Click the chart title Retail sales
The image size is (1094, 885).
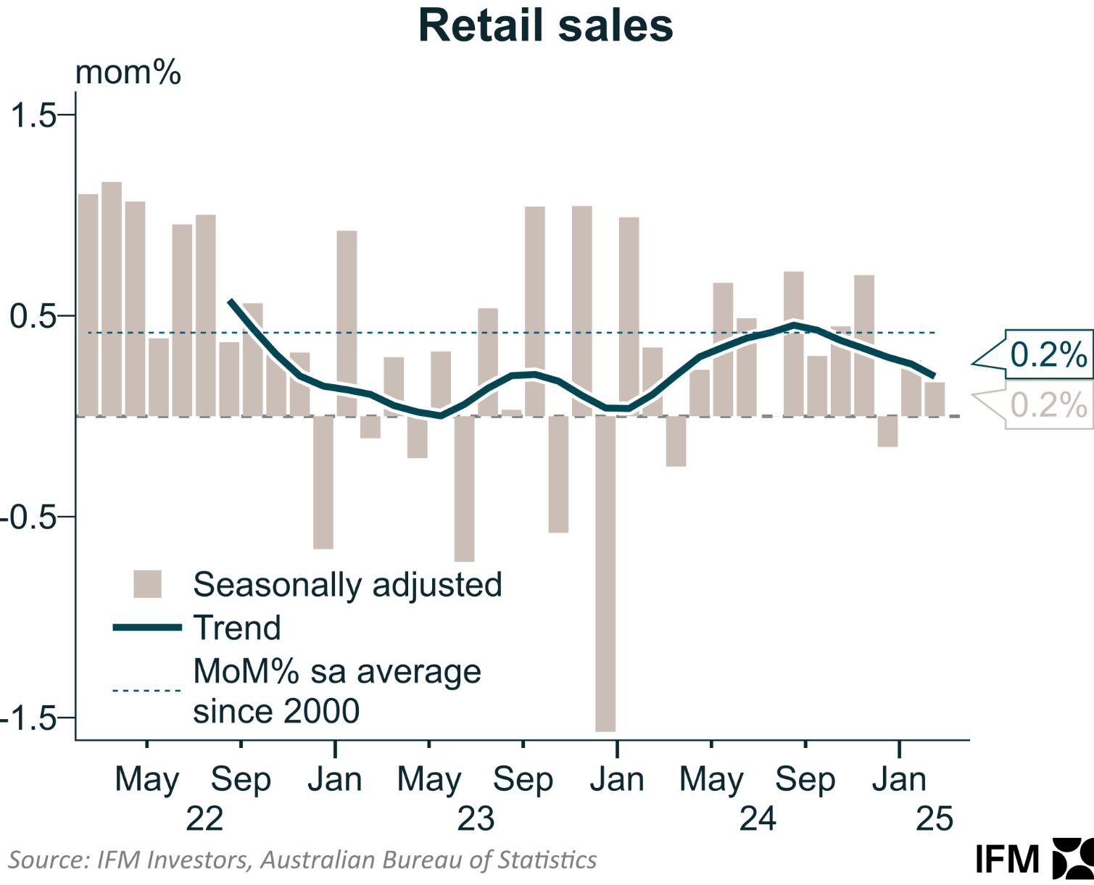[546, 26]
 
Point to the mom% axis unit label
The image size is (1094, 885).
[128, 73]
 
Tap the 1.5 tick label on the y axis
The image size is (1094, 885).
[33, 115]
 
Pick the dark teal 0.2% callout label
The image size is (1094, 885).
[1048, 355]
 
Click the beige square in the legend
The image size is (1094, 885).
[147, 584]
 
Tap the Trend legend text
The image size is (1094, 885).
[237, 628]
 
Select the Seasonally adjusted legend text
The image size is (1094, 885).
[347, 584]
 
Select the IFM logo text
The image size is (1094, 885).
[1008, 860]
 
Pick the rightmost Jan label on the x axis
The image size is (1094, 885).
[899, 781]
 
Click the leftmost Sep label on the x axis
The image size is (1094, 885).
[241, 781]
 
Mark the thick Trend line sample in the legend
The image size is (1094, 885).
[147, 628]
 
